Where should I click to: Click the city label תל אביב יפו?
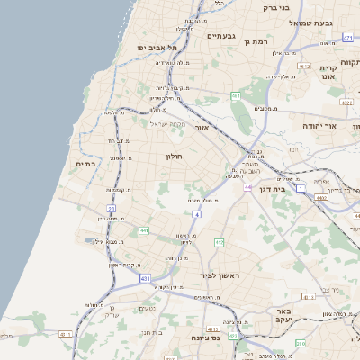[155, 47]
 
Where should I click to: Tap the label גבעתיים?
[220, 36]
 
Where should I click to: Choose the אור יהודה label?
[319, 126]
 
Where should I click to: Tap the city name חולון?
[173, 156]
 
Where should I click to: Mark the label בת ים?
[86, 164]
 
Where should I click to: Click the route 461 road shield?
[236, 95]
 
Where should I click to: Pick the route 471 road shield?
[347, 39]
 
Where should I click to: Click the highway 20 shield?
[113, 209]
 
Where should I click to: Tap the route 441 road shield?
[144, 231]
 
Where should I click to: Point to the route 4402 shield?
[321, 195]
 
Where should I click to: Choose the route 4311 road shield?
[65, 335]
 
